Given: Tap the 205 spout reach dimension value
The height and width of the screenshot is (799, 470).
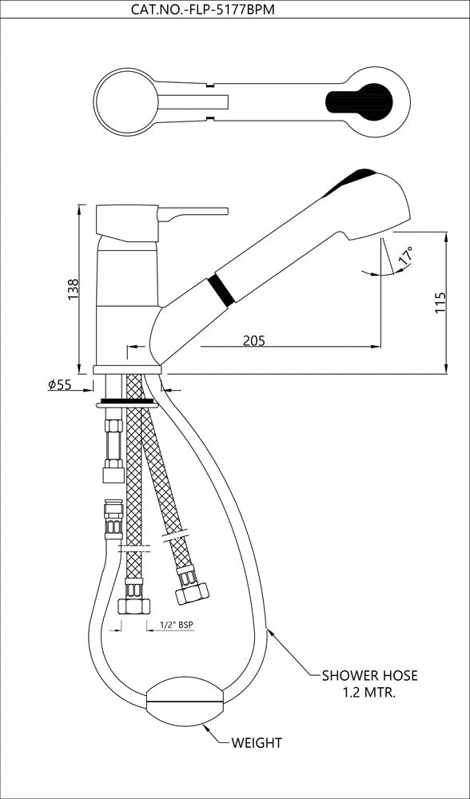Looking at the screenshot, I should [x=253, y=340].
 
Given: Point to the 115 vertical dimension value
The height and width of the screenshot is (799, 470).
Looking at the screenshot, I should [x=439, y=304].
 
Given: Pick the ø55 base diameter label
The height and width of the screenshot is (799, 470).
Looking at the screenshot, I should [x=60, y=385].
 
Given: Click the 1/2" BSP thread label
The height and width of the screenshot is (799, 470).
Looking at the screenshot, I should [x=177, y=626].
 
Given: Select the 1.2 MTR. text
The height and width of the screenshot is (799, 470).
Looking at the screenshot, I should [x=364, y=693].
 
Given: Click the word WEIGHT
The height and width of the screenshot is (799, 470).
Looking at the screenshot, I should [x=257, y=743].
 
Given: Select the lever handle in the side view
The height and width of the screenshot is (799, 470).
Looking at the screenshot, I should [x=192, y=213].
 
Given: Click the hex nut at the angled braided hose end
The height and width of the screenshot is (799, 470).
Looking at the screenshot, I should [x=192, y=590].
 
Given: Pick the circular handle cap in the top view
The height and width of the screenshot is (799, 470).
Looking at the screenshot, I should [x=125, y=104].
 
